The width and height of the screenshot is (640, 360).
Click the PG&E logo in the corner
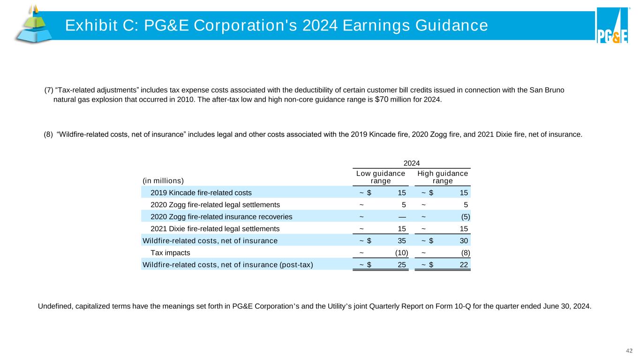pyautogui.click(x=612, y=26)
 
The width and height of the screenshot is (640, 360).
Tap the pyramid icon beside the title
pyautogui.click(x=32, y=24)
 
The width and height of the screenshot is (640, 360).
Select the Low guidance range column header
pyautogui.click(x=381, y=177)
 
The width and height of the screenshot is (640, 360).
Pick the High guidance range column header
pyautogui.click(x=443, y=177)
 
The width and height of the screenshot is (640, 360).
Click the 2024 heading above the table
pyautogui.click(x=411, y=163)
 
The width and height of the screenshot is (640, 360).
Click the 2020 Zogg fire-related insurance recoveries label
pyautogui.click(x=221, y=217)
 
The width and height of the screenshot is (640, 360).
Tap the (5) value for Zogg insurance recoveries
pyautogui.click(x=464, y=217)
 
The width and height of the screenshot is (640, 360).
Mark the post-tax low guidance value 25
pyautogui.click(x=402, y=265)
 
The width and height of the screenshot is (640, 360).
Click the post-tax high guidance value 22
pyautogui.click(x=463, y=265)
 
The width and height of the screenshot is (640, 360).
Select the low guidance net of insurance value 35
pyautogui.click(x=402, y=241)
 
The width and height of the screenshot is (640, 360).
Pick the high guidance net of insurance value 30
pyautogui.click(x=463, y=241)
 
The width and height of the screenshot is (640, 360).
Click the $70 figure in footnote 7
pyautogui.click(x=382, y=99)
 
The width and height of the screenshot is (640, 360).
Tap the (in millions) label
pyautogui.click(x=162, y=180)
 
